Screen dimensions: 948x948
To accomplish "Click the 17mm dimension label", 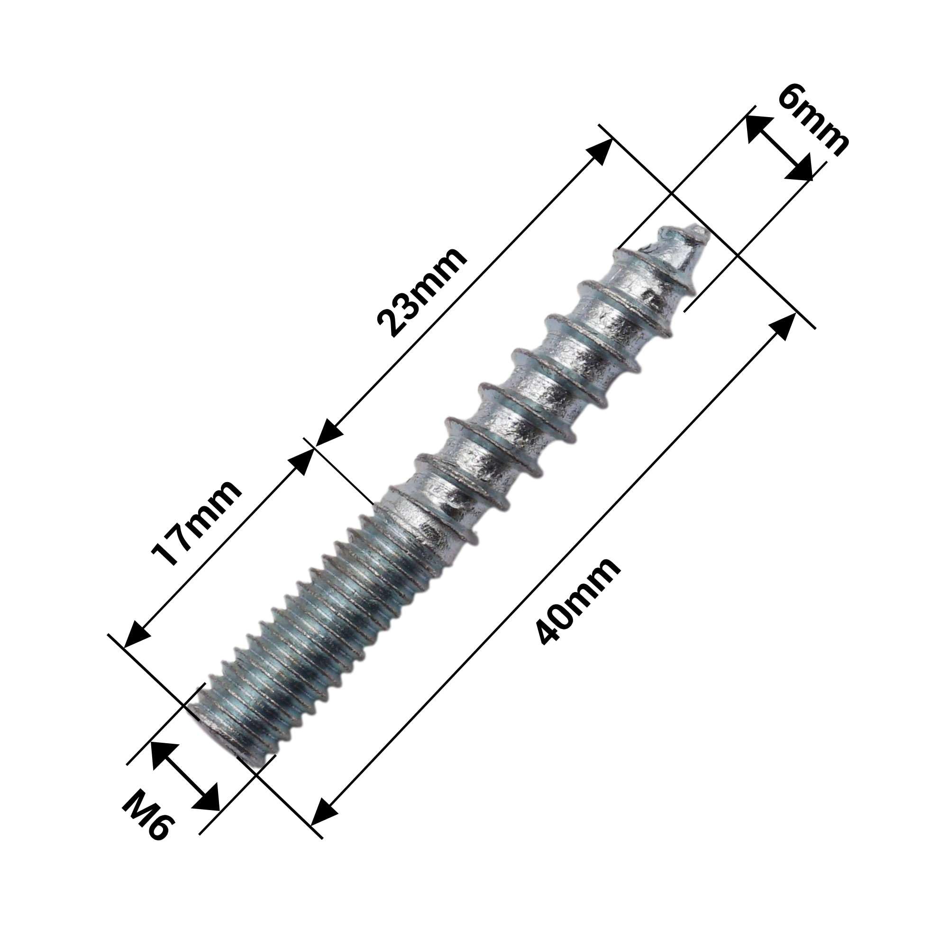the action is click(196, 522).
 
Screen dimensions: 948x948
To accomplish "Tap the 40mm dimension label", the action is click(577, 601).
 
